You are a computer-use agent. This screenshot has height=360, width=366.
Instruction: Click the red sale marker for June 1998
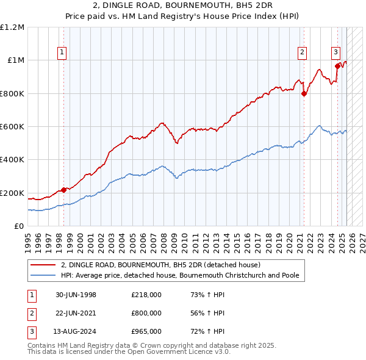(64, 190)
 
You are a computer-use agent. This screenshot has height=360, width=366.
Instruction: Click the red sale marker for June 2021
(304, 93)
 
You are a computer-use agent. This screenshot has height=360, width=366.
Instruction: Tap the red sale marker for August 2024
(337, 66)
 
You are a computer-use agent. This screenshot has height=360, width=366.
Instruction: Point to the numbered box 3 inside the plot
(335, 52)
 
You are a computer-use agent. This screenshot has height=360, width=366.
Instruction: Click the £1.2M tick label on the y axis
(12, 27)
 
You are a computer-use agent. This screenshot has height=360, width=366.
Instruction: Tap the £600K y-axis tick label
(12, 126)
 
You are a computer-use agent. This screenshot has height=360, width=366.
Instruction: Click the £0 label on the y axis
(19, 226)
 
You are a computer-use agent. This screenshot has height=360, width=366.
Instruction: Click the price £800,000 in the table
(146, 313)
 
